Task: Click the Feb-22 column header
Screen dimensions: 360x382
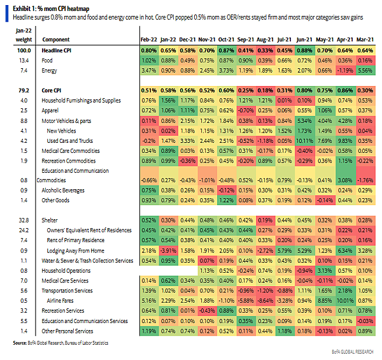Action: pyautogui.click(x=148, y=40)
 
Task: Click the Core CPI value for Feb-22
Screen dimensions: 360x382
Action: pyautogui.click(x=148, y=90)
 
